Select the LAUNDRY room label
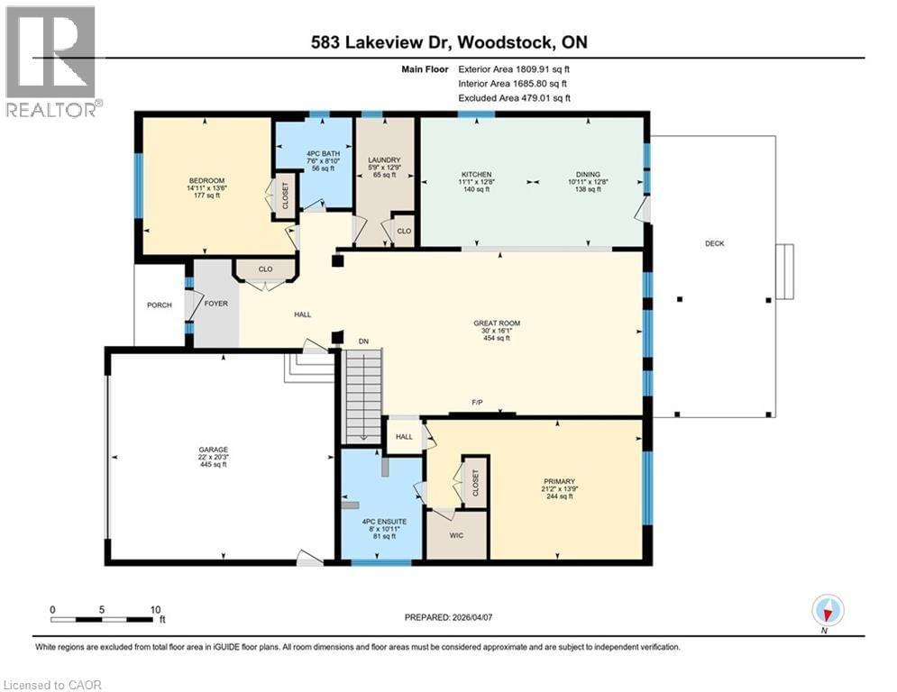[x=384, y=160]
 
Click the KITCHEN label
[x=476, y=173]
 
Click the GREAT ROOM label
[x=497, y=323]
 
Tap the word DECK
[x=715, y=243]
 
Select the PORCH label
[x=160, y=304]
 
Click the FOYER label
[x=215, y=304]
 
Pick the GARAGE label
[x=214, y=449]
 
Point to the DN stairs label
[x=363, y=342]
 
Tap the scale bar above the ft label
[x=102, y=619]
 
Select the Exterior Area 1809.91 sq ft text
[x=514, y=68]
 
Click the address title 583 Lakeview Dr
[x=448, y=42]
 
